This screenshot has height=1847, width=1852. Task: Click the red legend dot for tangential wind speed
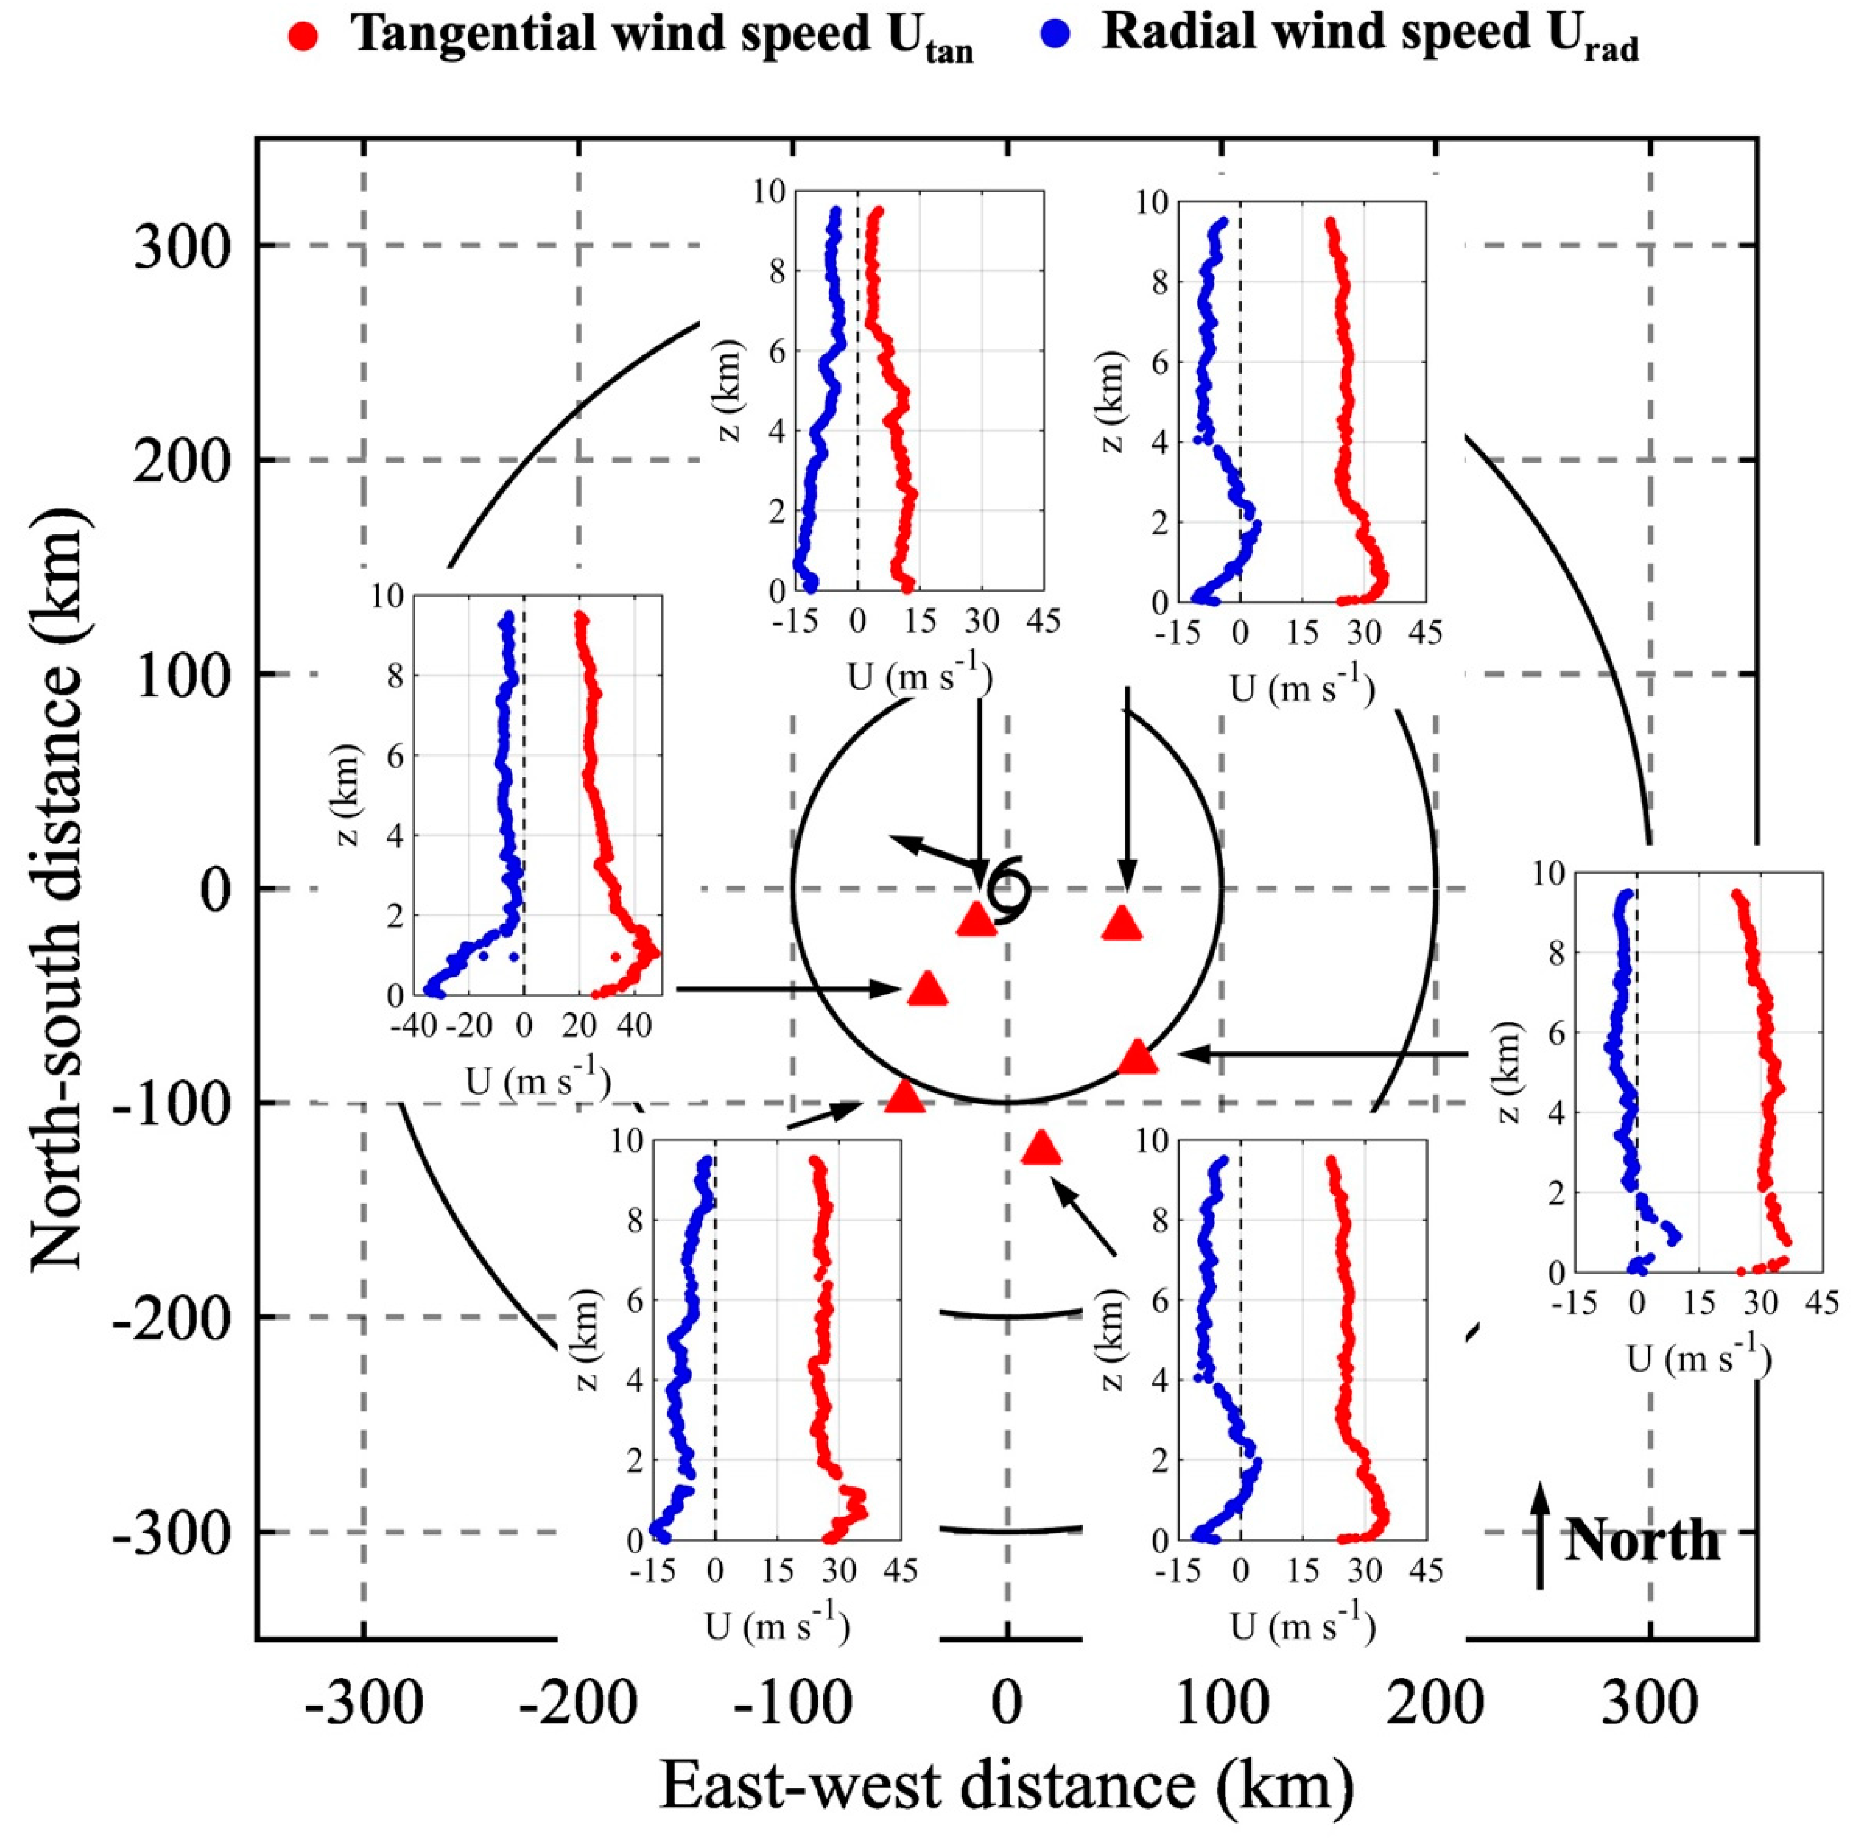tap(303, 38)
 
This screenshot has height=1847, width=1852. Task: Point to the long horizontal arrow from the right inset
tap(1323, 1054)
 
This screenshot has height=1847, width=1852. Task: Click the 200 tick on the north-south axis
tap(182, 461)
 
